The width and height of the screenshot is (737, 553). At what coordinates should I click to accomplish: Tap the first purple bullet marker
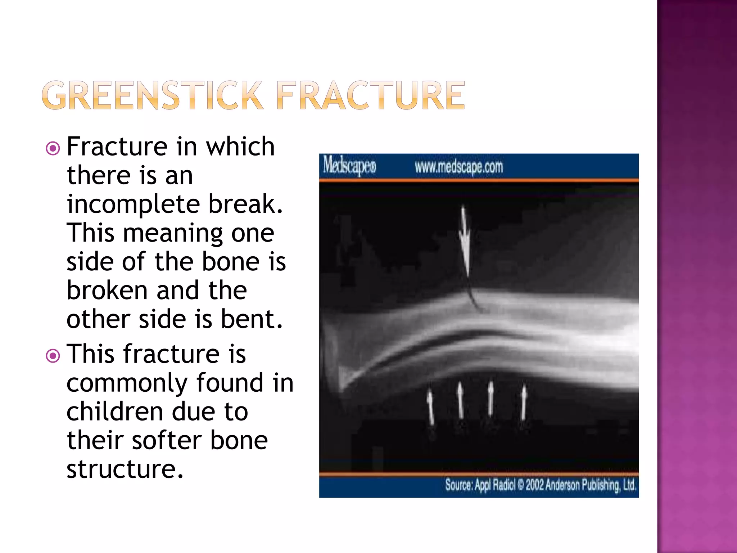click(x=53, y=148)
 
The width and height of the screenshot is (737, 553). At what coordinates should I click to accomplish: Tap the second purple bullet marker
click(x=53, y=356)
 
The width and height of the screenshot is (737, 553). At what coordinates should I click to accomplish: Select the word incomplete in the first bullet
click(x=133, y=204)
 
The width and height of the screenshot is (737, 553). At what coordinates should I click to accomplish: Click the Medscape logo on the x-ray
click(x=349, y=166)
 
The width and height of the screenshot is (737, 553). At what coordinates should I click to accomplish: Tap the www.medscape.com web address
click(x=459, y=167)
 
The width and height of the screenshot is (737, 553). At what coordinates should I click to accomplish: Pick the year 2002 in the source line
click(x=535, y=485)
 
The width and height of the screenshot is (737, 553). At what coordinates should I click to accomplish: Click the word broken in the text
click(x=107, y=290)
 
